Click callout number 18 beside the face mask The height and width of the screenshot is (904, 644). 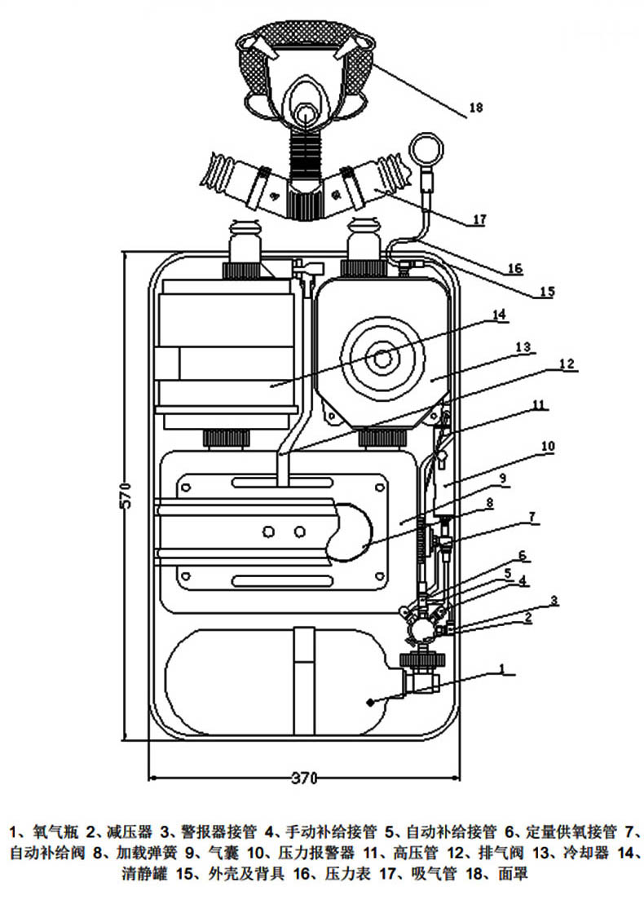[475, 108]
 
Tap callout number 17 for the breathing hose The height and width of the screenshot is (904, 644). [479, 219]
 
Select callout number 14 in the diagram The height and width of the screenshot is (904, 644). [499, 314]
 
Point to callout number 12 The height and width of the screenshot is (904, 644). [567, 364]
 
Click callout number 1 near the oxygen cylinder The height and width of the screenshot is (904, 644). [501, 668]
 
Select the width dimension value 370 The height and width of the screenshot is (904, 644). [304, 778]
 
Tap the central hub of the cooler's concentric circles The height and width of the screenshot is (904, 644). [382, 359]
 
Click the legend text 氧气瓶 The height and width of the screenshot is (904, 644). [56, 832]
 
